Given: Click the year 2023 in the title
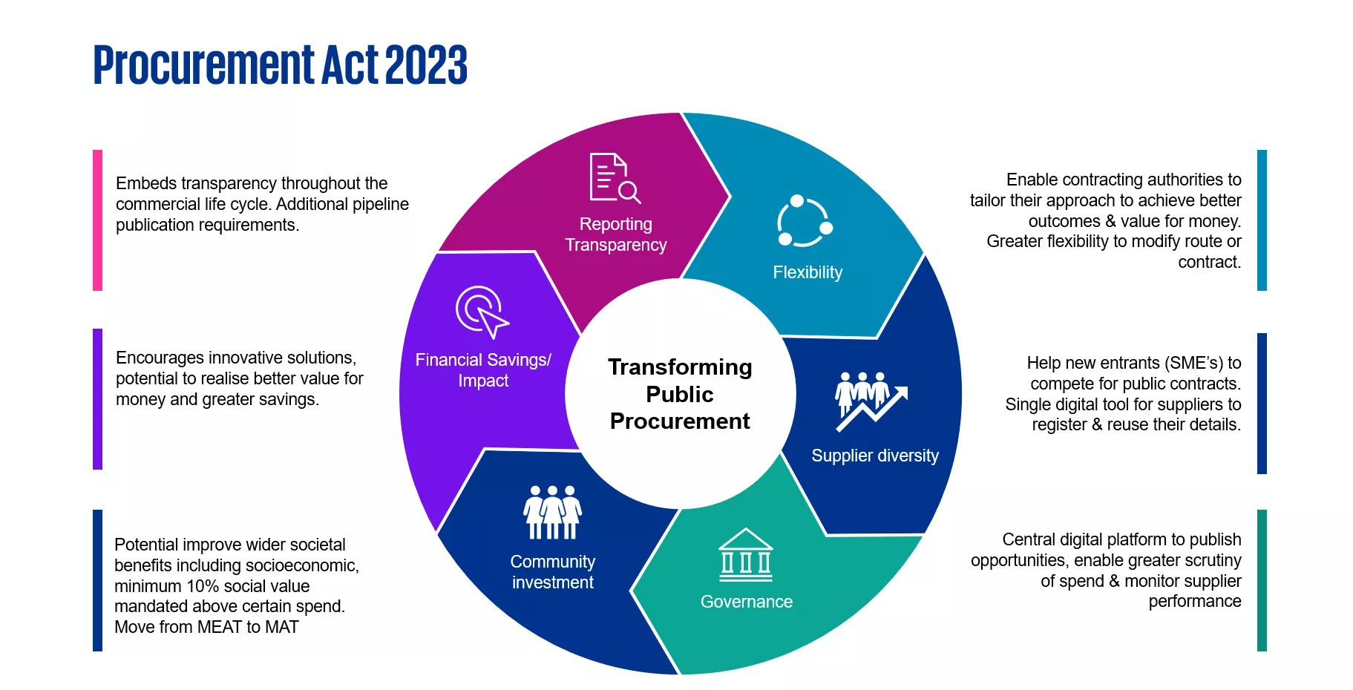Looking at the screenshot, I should click(426, 65).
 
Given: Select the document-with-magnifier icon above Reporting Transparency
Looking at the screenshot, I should click(615, 178).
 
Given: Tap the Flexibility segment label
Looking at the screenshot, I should click(807, 272).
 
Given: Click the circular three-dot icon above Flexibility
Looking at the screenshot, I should click(805, 221).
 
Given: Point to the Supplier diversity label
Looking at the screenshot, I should click(874, 456).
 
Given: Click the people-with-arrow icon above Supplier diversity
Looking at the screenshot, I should click(871, 401).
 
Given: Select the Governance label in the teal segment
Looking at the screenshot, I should click(746, 602).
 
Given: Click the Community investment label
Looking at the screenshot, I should click(552, 572).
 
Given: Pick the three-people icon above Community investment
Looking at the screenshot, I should click(552, 512).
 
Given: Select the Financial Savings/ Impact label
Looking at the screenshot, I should click(482, 370).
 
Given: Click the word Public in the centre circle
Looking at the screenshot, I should click(679, 394).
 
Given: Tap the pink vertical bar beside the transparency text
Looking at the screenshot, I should click(97, 220).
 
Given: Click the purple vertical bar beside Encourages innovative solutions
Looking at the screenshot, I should click(97, 398).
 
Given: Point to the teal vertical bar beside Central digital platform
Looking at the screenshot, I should click(1262, 580).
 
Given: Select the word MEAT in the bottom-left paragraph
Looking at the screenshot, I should click(220, 628).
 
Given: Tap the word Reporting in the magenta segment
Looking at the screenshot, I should click(615, 224).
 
